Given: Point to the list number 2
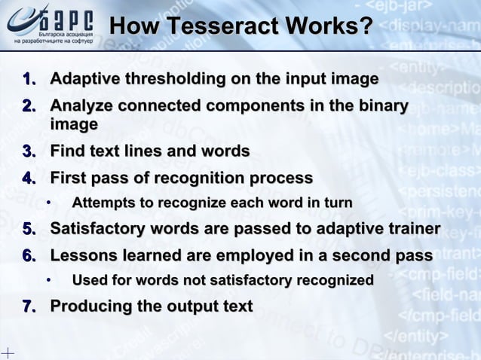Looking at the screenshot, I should point(29,107).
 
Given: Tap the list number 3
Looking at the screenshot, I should point(29,151).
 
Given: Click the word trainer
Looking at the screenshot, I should point(408,228).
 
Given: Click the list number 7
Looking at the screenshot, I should point(29,307).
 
